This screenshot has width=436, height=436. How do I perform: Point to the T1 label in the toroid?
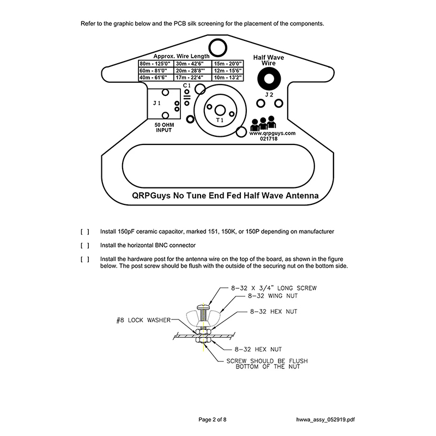point(220,119)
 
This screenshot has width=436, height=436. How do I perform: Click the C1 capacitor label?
point(186,86)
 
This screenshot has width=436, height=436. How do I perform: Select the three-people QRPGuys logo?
point(263,123)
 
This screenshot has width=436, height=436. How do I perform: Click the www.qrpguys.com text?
point(272,132)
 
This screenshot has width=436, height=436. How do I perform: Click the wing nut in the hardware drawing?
point(202,316)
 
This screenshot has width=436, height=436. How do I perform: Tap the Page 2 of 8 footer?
point(213,419)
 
